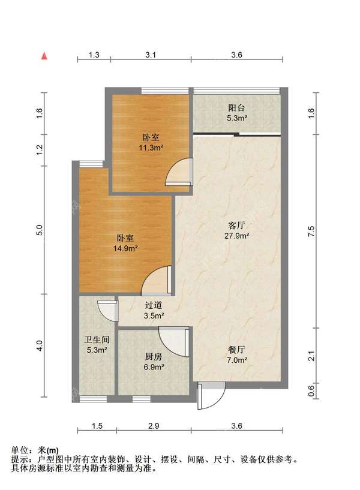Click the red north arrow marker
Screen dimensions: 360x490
point(44,56)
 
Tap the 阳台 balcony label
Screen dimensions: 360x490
point(236,108)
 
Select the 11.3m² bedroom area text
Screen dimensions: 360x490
point(151,148)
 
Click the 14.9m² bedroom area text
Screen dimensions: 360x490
point(126,248)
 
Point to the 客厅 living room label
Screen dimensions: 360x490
point(236,226)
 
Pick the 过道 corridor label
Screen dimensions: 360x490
point(154,305)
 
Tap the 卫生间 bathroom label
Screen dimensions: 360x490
point(97,339)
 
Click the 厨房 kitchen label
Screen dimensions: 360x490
point(154,357)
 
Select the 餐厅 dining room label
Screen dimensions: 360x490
point(236,350)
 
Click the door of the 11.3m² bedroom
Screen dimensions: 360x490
point(178,172)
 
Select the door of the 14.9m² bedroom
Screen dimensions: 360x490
point(156,280)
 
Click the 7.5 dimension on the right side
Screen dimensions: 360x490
point(311,232)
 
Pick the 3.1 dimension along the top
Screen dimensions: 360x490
point(151,55)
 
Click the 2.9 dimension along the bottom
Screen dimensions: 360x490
point(154,426)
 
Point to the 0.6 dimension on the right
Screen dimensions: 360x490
point(311,390)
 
